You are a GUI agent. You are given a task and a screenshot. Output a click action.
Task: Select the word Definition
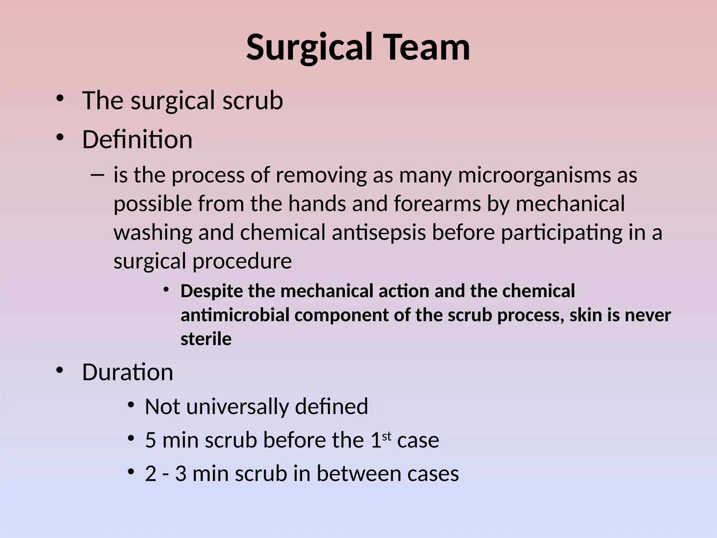coord(137,139)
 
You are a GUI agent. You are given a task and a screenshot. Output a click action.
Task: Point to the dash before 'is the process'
coord(97,174)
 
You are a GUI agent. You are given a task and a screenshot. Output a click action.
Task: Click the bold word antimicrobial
coord(235,315)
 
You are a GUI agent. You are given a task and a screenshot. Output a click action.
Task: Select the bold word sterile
coord(206,339)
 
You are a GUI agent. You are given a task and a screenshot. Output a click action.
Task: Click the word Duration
coord(127,372)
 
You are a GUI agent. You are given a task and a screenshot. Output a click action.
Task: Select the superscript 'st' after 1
coord(387,436)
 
